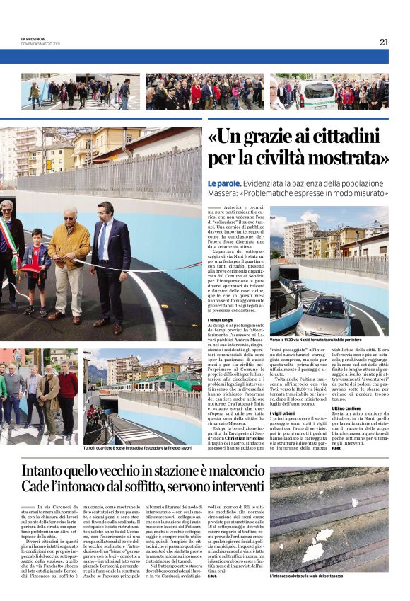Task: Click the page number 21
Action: [x=384, y=42]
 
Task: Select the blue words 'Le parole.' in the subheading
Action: [x=224, y=183]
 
